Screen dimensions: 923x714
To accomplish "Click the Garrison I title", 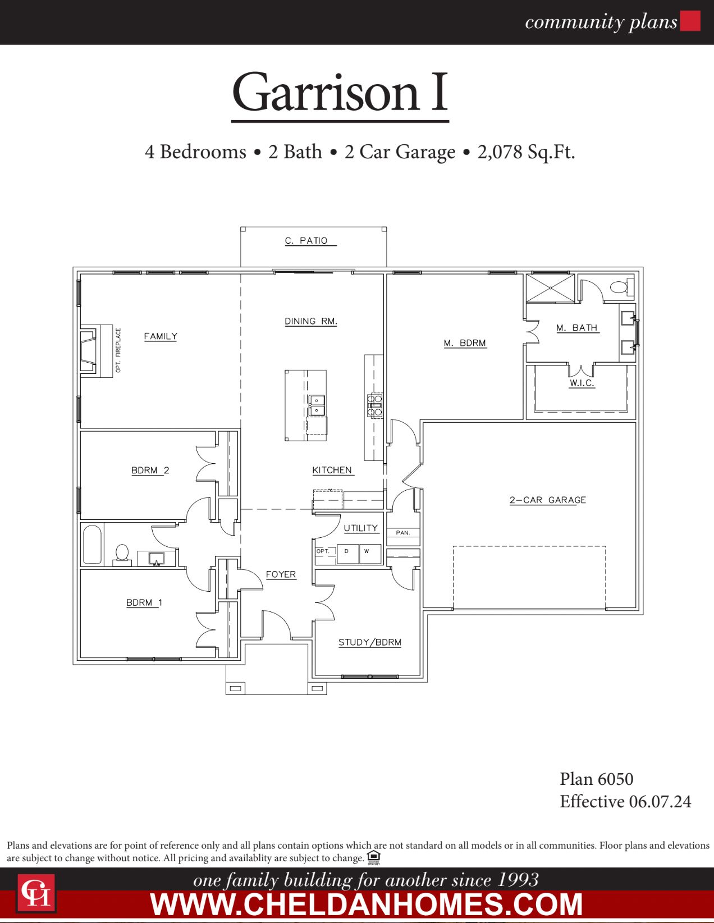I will tap(340, 93).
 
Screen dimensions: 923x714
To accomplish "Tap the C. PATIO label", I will tap(306, 241).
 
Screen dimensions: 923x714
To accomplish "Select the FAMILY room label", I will tap(161, 336).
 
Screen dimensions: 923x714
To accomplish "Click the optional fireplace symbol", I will tap(89, 351).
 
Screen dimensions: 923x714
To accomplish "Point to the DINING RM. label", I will tap(310, 322).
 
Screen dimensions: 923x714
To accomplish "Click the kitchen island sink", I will tap(317, 405).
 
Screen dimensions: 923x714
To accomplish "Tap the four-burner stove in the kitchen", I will tap(375, 405).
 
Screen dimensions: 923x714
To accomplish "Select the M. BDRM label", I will tap(465, 343).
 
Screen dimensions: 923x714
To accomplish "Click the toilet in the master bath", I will tap(620, 287).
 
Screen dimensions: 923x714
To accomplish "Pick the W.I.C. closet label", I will tap(582, 383).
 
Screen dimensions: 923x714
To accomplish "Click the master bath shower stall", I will tap(550, 288).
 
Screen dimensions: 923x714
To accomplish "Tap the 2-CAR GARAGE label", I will tap(547, 500).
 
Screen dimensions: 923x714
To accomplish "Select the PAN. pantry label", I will tap(403, 533).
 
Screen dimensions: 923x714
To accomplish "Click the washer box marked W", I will tap(367, 552).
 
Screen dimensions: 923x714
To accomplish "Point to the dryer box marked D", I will tap(347, 552).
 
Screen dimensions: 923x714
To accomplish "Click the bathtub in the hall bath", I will tap(92, 544).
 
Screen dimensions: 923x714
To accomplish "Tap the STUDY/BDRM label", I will tap(369, 642).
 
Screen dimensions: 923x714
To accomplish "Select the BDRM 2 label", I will tap(150, 470).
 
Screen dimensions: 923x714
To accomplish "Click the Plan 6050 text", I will tap(596, 779).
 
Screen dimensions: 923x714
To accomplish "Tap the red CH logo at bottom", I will tap(36, 893).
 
